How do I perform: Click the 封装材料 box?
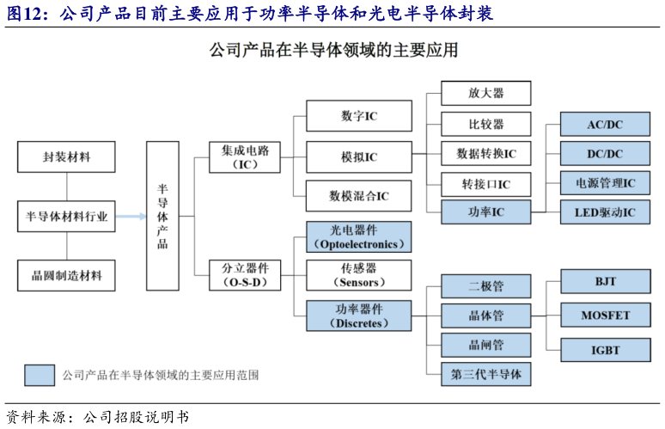coord(66,157)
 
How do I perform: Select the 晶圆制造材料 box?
coord(66,275)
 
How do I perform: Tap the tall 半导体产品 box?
coord(162,215)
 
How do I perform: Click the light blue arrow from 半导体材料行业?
coord(130,217)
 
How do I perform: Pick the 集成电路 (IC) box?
coord(246,157)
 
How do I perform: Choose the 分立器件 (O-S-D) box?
coord(246,275)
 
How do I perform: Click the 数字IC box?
coord(358,115)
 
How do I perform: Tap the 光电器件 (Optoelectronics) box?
coord(358,236)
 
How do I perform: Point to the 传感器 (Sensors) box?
coord(358,275)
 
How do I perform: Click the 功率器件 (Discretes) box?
coord(358,316)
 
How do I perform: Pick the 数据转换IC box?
coord(485,154)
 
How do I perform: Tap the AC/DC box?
coord(605,125)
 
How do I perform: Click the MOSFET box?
coord(605,315)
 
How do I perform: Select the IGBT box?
coord(605,350)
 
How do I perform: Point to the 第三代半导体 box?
coord(485,374)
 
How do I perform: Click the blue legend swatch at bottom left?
coord(39,375)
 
